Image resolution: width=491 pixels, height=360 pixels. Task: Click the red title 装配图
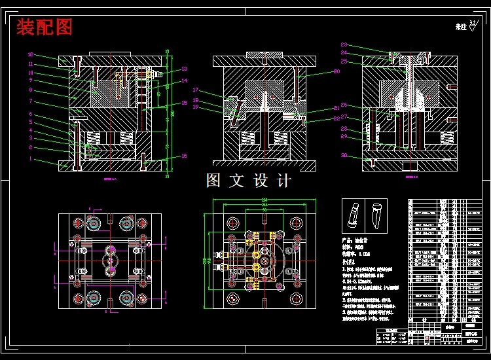(x=45, y=27)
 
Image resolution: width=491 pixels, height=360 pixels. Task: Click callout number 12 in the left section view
(x=30, y=54)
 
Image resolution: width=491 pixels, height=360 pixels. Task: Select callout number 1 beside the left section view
(x=30, y=158)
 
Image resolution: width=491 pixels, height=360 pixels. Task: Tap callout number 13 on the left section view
(x=185, y=69)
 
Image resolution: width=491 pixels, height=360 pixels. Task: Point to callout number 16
(x=185, y=155)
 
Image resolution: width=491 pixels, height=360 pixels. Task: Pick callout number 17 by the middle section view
(x=196, y=90)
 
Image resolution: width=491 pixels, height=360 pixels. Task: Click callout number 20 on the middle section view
(x=336, y=71)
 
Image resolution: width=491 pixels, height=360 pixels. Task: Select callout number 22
(x=336, y=118)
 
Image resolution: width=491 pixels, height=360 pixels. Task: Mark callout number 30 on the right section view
(x=344, y=155)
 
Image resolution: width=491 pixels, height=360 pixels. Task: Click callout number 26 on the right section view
(x=344, y=105)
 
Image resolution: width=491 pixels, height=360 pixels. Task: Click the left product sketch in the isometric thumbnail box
(x=354, y=213)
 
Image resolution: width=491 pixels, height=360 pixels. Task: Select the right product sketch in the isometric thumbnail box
(x=376, y=213)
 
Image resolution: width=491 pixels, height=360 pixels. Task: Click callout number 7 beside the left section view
(x=30, y=101)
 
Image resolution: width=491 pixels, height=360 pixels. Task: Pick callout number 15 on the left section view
(x=185, y=103)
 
